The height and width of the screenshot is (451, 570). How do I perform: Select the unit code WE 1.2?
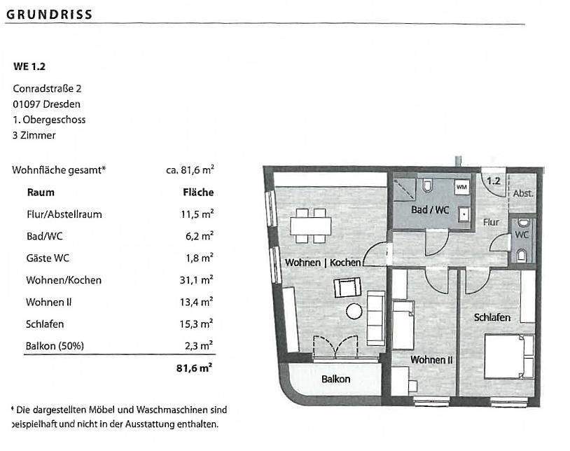(x=29, y=67)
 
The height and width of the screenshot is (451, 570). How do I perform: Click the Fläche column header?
(x=198, y=192)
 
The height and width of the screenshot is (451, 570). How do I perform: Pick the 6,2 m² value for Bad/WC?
(x=200, y=236)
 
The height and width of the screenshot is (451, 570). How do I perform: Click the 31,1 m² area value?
(x=197, y=280)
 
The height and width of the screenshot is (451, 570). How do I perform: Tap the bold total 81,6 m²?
(x=195, y=366)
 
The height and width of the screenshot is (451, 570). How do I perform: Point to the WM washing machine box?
(x=461, y=188)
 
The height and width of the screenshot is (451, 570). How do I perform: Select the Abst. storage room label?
(x=522, y=194)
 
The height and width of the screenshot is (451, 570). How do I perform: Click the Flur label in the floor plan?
(x=491, y=222)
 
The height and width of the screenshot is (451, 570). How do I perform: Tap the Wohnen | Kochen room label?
(x=323, y=263)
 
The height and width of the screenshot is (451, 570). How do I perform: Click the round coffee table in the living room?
(x=354, y=312)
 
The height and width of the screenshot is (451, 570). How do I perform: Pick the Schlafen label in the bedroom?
(x=492, y=317)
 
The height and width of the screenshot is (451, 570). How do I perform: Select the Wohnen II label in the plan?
(x=431, y=360)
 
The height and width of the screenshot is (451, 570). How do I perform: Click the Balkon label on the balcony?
(x=336, y=379)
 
